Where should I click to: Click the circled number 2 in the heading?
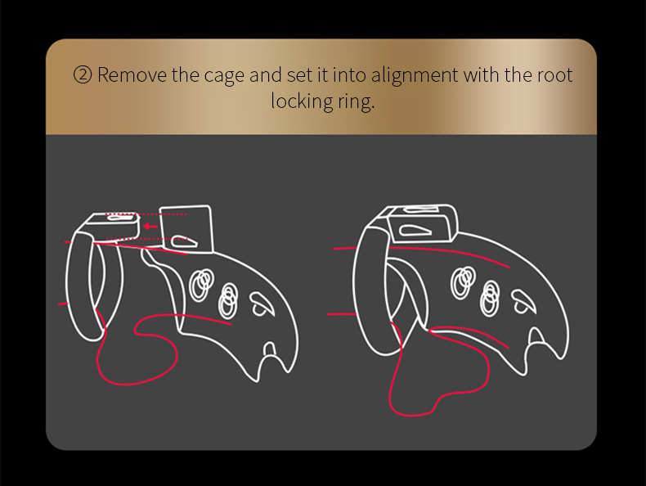tap(83, 75)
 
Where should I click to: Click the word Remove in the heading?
tap(132, 75)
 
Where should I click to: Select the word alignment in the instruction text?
tap(415, 77)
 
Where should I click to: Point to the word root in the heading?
tap(555, 75)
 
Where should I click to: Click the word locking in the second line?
tap(302, 101)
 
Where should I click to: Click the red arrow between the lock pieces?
tap(150, 227)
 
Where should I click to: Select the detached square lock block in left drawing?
tap(186, 229)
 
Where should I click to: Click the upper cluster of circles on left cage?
tap(201, 285)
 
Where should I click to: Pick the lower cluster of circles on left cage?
tap(228, 301)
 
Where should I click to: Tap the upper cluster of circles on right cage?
tap(463, 282)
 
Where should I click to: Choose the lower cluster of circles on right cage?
tap(490, 298)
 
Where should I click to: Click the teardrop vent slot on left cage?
tap(261, 304)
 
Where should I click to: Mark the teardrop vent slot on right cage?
tap(523, 301)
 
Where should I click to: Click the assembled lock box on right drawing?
tap(421, 223)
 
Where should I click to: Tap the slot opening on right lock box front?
tap(415, 231)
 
